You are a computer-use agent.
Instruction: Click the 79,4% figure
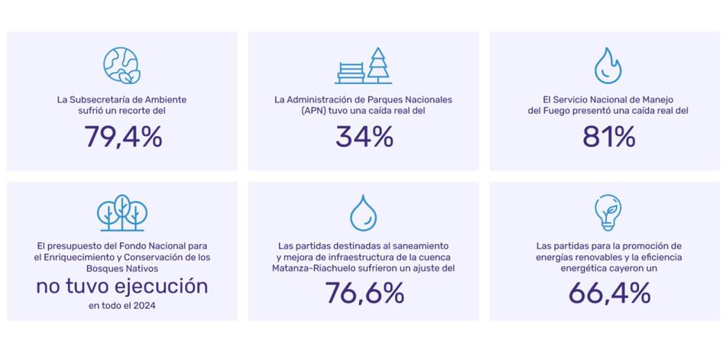[122, 137]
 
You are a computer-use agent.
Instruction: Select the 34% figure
[364, 137]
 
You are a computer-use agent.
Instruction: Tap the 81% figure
[608, 137]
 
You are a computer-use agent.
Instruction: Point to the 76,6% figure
[364, 293]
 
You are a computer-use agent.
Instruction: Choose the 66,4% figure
[608, 293]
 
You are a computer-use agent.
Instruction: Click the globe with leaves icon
[122, 65]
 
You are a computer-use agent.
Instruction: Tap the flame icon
[608, 65]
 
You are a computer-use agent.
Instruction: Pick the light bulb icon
[608, 212]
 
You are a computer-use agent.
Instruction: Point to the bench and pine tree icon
[364, 66]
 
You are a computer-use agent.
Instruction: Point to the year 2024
[144, 306]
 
